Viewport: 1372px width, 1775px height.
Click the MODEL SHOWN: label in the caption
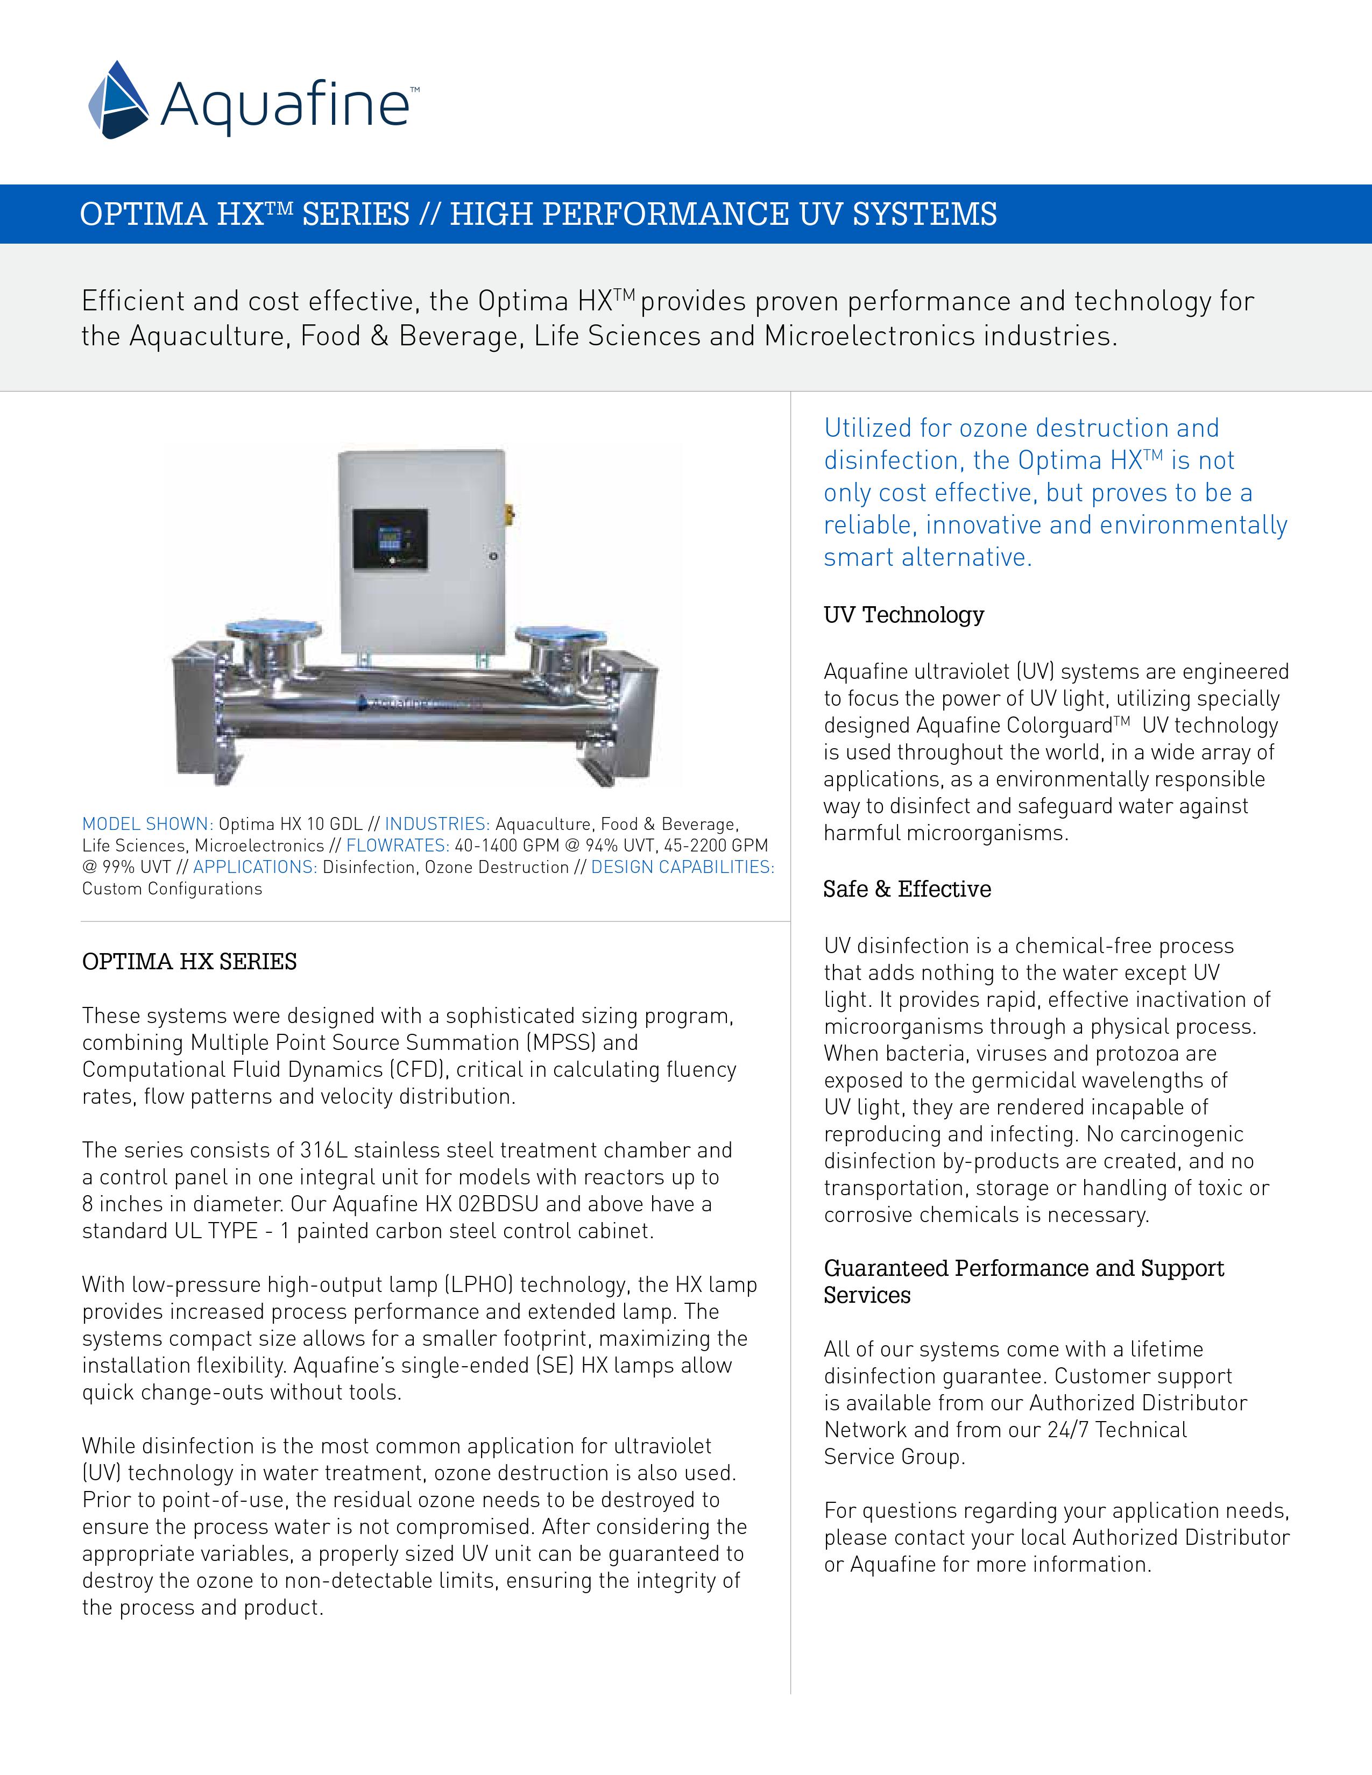(x=148, y=824)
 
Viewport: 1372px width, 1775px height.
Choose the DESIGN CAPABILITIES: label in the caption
(x=683, y=867)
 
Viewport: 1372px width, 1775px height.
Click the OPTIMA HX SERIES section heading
(x=189, y=962)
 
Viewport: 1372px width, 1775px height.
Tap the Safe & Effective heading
(x=907, y=889)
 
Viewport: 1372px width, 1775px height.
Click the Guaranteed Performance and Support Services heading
(x=1024, y=1282)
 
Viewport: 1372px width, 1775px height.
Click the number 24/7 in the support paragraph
(x=1068, y=1430)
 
